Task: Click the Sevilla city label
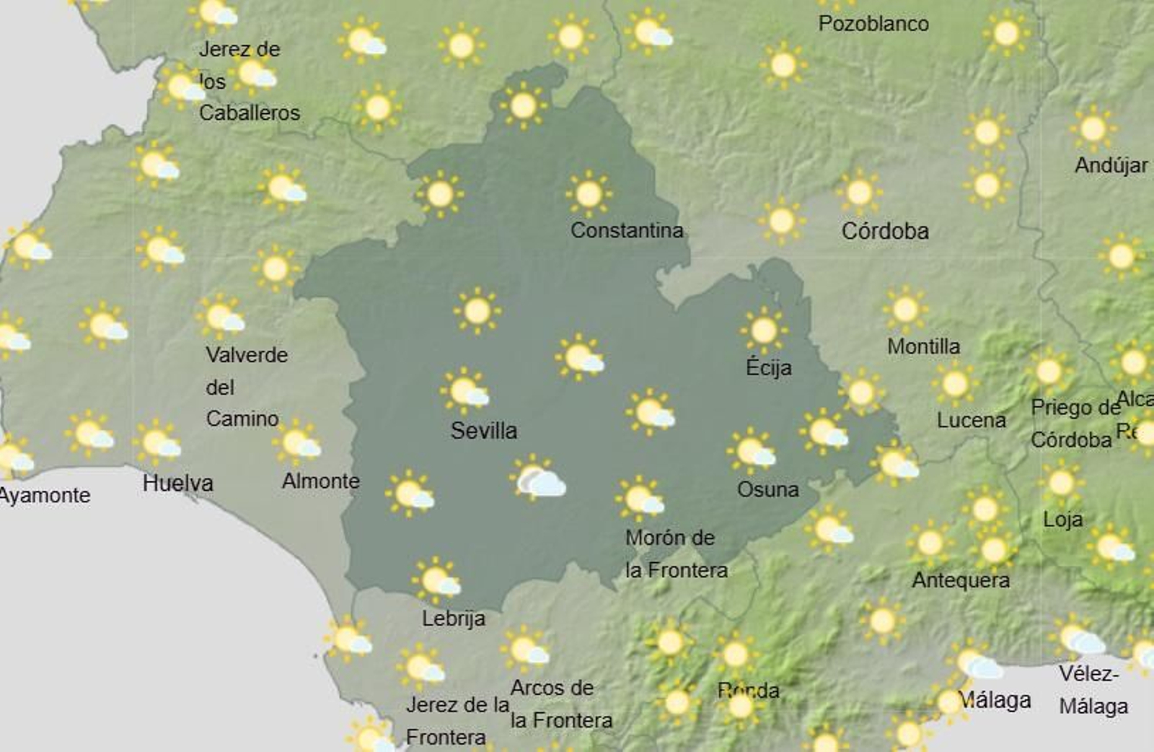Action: tap(484, 431)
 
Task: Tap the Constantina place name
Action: tap(626, 230)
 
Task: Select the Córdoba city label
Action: tap(885, 231)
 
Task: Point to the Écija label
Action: tap(768, 367)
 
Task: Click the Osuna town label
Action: tap(767, 489)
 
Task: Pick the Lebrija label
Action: tap(453, 618)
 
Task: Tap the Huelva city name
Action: tap(177, 483)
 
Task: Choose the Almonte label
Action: tap(320, 481)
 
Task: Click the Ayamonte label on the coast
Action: tap(45, 495)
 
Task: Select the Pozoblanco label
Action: tap(873, 24)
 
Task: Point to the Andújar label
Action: tap(1111, 165)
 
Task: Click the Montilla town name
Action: tap(923, 346)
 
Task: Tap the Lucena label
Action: tap(971, 420)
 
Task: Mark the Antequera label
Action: tap(960, 580)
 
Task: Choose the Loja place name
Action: tap(1062, 519)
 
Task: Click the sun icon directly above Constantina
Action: tap(589, 193)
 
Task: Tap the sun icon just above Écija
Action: tap(763, 331)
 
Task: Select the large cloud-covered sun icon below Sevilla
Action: tap(537, 478)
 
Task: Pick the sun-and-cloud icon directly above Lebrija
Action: tap(436, 580)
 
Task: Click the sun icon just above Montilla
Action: tap(905, 309)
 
